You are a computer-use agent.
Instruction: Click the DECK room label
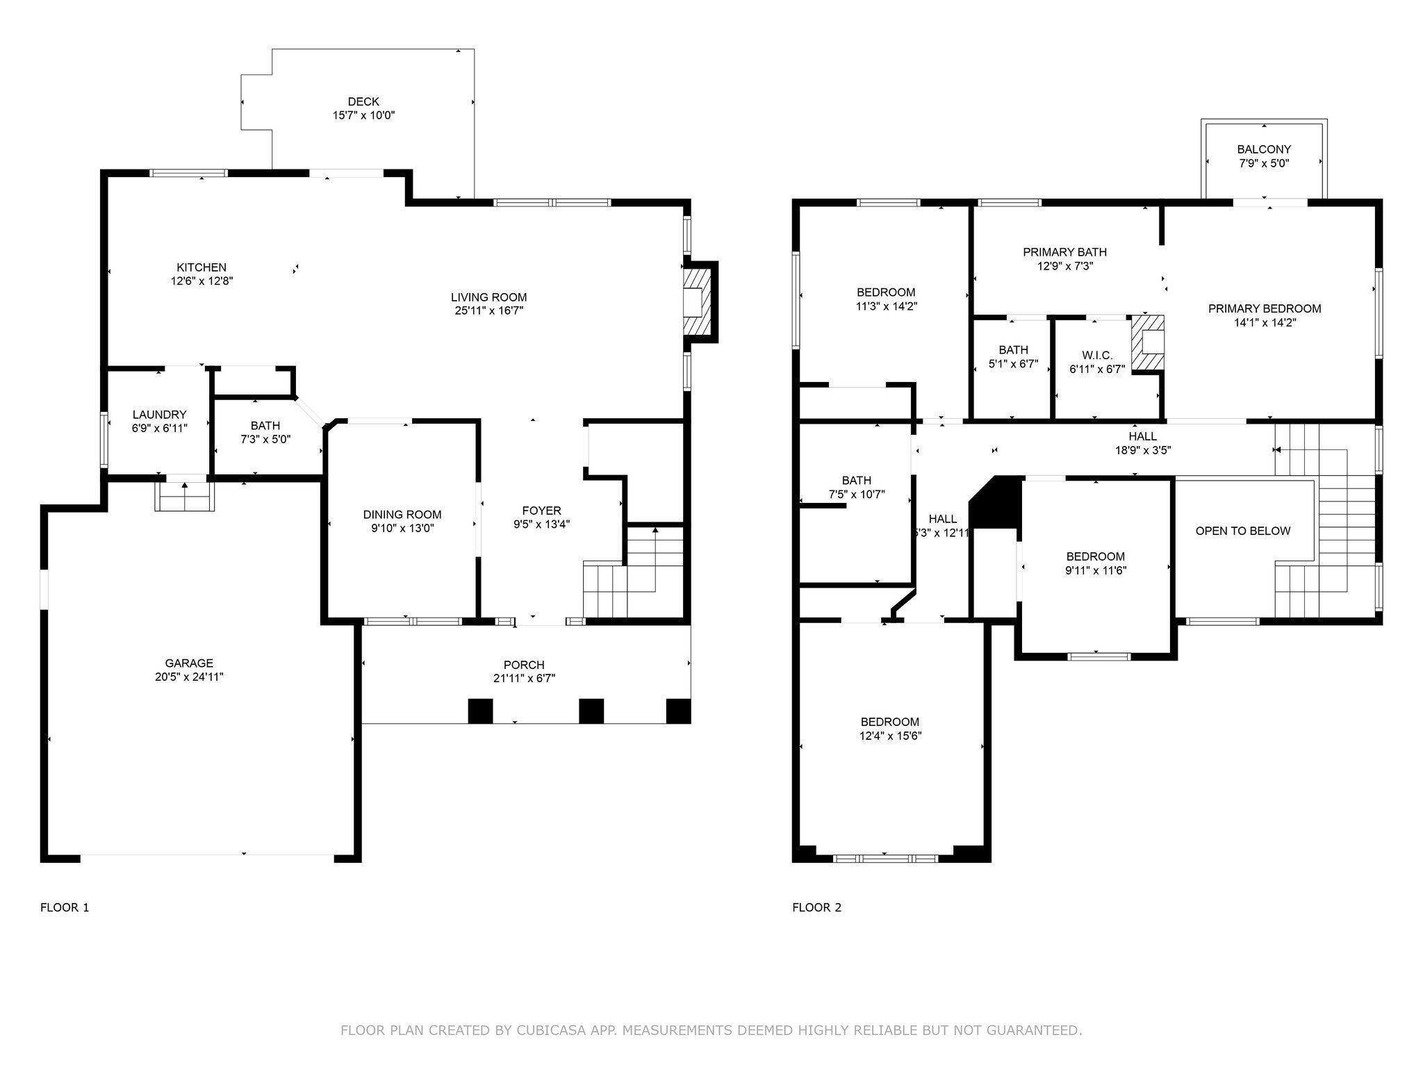point(363,101)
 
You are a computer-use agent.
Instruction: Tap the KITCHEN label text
point(201,267)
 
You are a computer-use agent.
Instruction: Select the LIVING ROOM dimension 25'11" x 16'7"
point(489,311)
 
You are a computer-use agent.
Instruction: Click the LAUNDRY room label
point(160,415)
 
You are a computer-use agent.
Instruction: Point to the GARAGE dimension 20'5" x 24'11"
point(189,677)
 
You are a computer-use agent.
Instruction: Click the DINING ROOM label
point(402,515)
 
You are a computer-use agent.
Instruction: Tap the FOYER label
point(542,511)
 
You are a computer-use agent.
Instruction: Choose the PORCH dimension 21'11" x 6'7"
point(525,679)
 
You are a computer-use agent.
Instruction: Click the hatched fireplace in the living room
point(695,302)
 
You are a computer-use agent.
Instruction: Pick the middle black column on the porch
point(591,711)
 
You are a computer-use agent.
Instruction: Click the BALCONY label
point(1264,149)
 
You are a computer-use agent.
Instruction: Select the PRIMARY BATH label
point(1064,252)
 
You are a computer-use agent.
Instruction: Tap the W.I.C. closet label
point(1097,356)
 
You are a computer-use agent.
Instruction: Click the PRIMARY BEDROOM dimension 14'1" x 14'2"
point(1265,322)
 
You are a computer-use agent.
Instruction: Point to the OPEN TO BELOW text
point(1243,531)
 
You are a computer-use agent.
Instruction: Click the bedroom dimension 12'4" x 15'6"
point(889,736)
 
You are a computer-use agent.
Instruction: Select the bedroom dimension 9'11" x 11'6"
point(1095,570)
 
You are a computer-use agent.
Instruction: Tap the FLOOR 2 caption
point(816,907)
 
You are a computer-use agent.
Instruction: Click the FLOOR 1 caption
point(65,907)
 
